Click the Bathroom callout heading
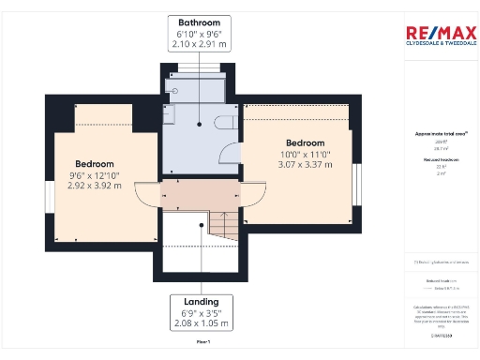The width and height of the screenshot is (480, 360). [199, 22]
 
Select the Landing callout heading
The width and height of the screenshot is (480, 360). [202, 302]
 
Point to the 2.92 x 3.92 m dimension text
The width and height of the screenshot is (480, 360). [95, 186]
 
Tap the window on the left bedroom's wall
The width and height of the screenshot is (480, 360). [49, 197]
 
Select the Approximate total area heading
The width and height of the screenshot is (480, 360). [434, 134]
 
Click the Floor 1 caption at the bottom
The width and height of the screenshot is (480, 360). [202, 344]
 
